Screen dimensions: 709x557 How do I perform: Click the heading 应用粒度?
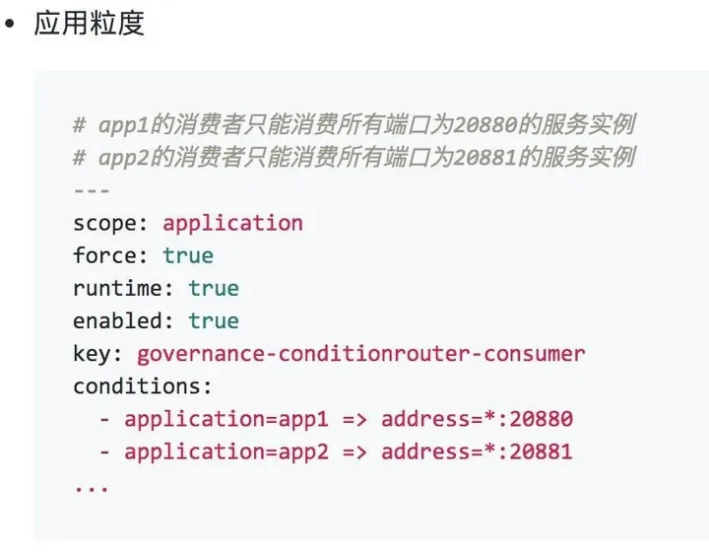click(x=89, y=23)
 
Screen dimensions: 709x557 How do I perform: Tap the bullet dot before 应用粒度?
click(x=9, y=23)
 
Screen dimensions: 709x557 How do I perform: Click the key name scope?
click(x=104, y=224)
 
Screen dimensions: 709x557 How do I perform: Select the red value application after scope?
click(x=232, y=224)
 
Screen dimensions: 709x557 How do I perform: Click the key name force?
click(x=104, y=255)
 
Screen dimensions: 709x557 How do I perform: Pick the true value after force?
click(x=188, y=256)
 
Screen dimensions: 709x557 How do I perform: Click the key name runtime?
click(x=117, y=289)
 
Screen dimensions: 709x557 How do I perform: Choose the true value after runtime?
click(x=214, y=289)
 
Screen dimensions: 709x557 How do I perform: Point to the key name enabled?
click(x=117, y=321)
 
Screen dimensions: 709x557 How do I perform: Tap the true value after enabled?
click(x=214, y=321)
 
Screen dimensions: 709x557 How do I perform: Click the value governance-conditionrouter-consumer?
click(x=361, y=354)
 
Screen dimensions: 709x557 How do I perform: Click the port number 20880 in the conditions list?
click(x=542, y=419)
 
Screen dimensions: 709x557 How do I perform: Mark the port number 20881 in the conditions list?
click(x=541, y=452)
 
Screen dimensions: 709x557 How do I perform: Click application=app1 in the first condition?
click(x=226, y=419)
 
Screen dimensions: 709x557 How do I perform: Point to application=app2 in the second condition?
click(x=226, y=452)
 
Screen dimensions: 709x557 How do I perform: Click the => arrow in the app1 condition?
click(x=354, y=419)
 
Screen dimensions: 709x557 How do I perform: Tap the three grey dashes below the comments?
click(x=92, y=190)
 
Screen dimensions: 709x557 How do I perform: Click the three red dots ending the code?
click(x=92, y=489)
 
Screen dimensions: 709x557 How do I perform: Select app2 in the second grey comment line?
click(x=123, y=158)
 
